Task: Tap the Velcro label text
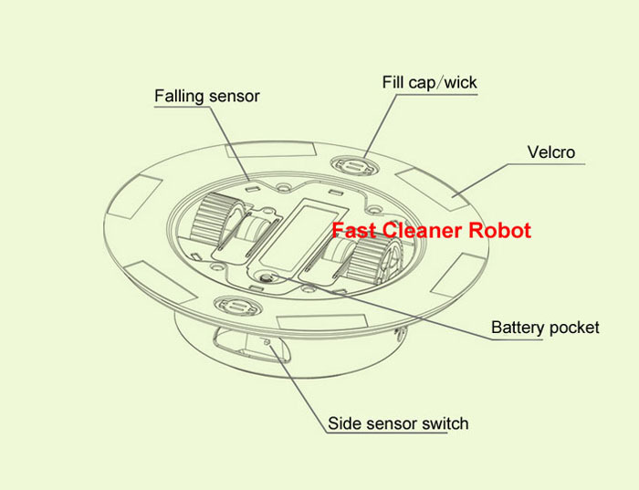click(x=551, y=151)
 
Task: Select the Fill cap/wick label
click(x=429, y=83)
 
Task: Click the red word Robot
click(x=498, y=231)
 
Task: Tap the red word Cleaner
click(x=416, y=231)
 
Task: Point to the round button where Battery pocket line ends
click(x=266, y=279)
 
